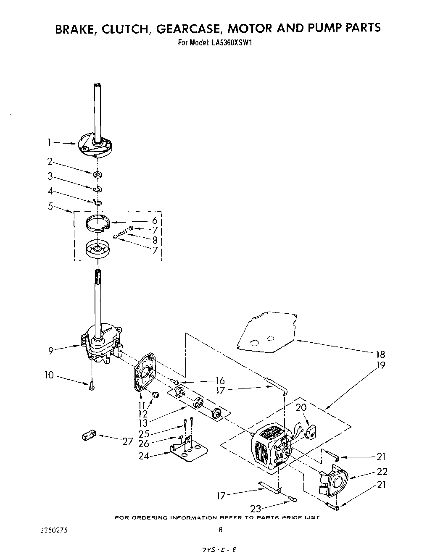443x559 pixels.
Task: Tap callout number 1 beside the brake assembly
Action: click(x=49, y=143)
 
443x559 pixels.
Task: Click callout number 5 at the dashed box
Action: click(x=50, y=206)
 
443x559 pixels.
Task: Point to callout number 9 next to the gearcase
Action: click(x=51, y=351)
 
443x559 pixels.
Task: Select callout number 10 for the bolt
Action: click(x=50, y=375)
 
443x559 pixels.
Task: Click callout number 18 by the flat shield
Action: click(x=381, y=354)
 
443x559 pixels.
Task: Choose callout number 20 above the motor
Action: click(x=301, y=407)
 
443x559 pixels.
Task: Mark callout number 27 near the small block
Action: click(x=128, y=441)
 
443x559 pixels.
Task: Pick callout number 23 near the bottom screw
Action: click(x=256, y=508)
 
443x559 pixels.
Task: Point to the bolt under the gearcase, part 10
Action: click(x=91, y=386)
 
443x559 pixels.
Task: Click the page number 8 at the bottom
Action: click(x=220, y=530)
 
